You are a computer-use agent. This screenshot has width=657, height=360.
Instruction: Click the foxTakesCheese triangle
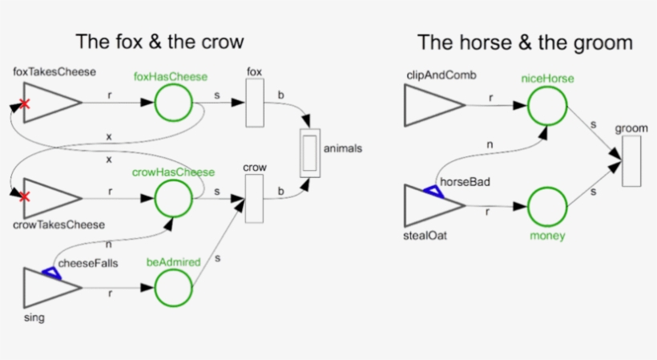click(46, 103)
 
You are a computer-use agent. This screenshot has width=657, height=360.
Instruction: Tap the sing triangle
click(46, 288)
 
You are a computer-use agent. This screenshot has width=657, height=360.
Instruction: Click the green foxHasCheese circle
click(172, 103)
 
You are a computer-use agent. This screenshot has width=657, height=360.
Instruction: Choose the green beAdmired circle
click(172, 288)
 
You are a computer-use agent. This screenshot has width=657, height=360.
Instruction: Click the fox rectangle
click(255, 103)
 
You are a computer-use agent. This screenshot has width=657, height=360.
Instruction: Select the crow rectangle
click(255, 199)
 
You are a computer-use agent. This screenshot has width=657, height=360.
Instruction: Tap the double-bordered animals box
click(309, 152)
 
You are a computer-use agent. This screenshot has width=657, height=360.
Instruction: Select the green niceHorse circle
click(547, 105)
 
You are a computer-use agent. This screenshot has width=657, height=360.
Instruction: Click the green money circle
click(547, 206)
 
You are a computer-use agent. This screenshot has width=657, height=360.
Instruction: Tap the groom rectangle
click(631, 161)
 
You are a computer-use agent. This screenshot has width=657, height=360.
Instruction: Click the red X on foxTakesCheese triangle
click(25, 103)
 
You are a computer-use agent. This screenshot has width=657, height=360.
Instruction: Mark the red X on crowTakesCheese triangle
click(25, 196)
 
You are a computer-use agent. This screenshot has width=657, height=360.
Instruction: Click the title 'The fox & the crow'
click(159, 42)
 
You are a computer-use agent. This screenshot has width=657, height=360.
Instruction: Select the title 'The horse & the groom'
click(525, 42)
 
